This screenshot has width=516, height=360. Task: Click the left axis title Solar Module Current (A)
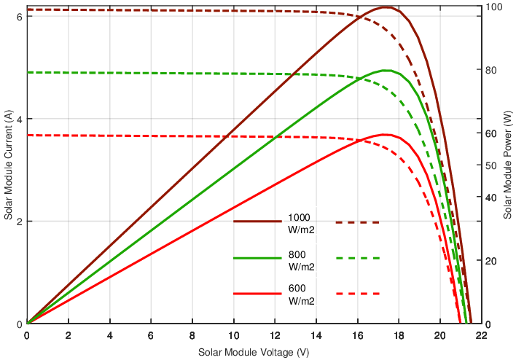(8, 165)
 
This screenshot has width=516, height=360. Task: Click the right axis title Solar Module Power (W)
(508, 165)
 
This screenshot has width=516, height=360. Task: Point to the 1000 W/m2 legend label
(301, 223)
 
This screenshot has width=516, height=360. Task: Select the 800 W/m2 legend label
(301, 261)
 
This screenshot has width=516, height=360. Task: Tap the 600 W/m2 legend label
(301, 294)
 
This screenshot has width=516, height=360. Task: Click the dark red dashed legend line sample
(359, 222)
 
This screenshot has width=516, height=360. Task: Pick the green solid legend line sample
(257, 258)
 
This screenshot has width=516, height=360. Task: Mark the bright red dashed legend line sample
(359, 294)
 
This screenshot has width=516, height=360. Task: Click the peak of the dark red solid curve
(386, 7)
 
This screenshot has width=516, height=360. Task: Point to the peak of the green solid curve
(386, 71)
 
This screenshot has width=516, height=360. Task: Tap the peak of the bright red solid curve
(385, 135)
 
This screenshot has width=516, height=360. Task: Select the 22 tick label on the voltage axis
(481, 336)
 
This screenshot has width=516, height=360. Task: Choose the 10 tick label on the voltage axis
(233, 336)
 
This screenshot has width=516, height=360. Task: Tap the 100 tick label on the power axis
(493, 7)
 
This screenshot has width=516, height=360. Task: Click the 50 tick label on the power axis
(490, 166)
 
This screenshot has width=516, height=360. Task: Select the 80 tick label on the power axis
(490, 71)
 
